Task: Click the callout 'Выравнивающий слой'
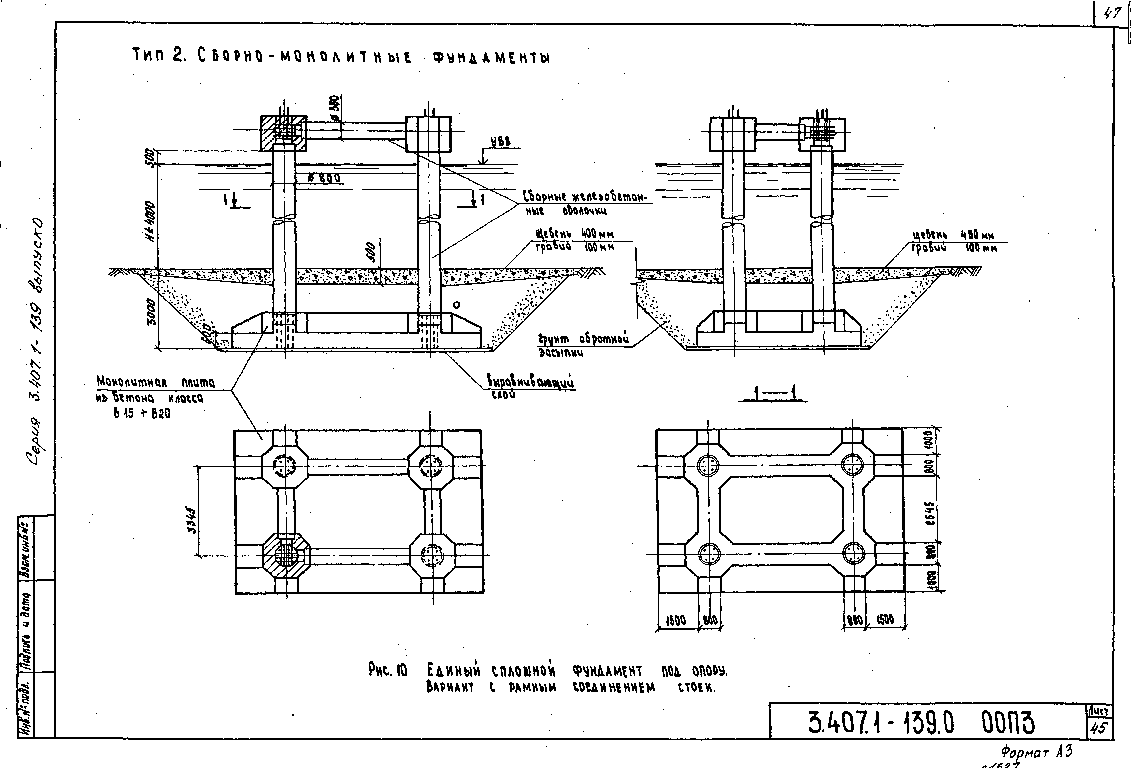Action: tap(530, 384)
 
